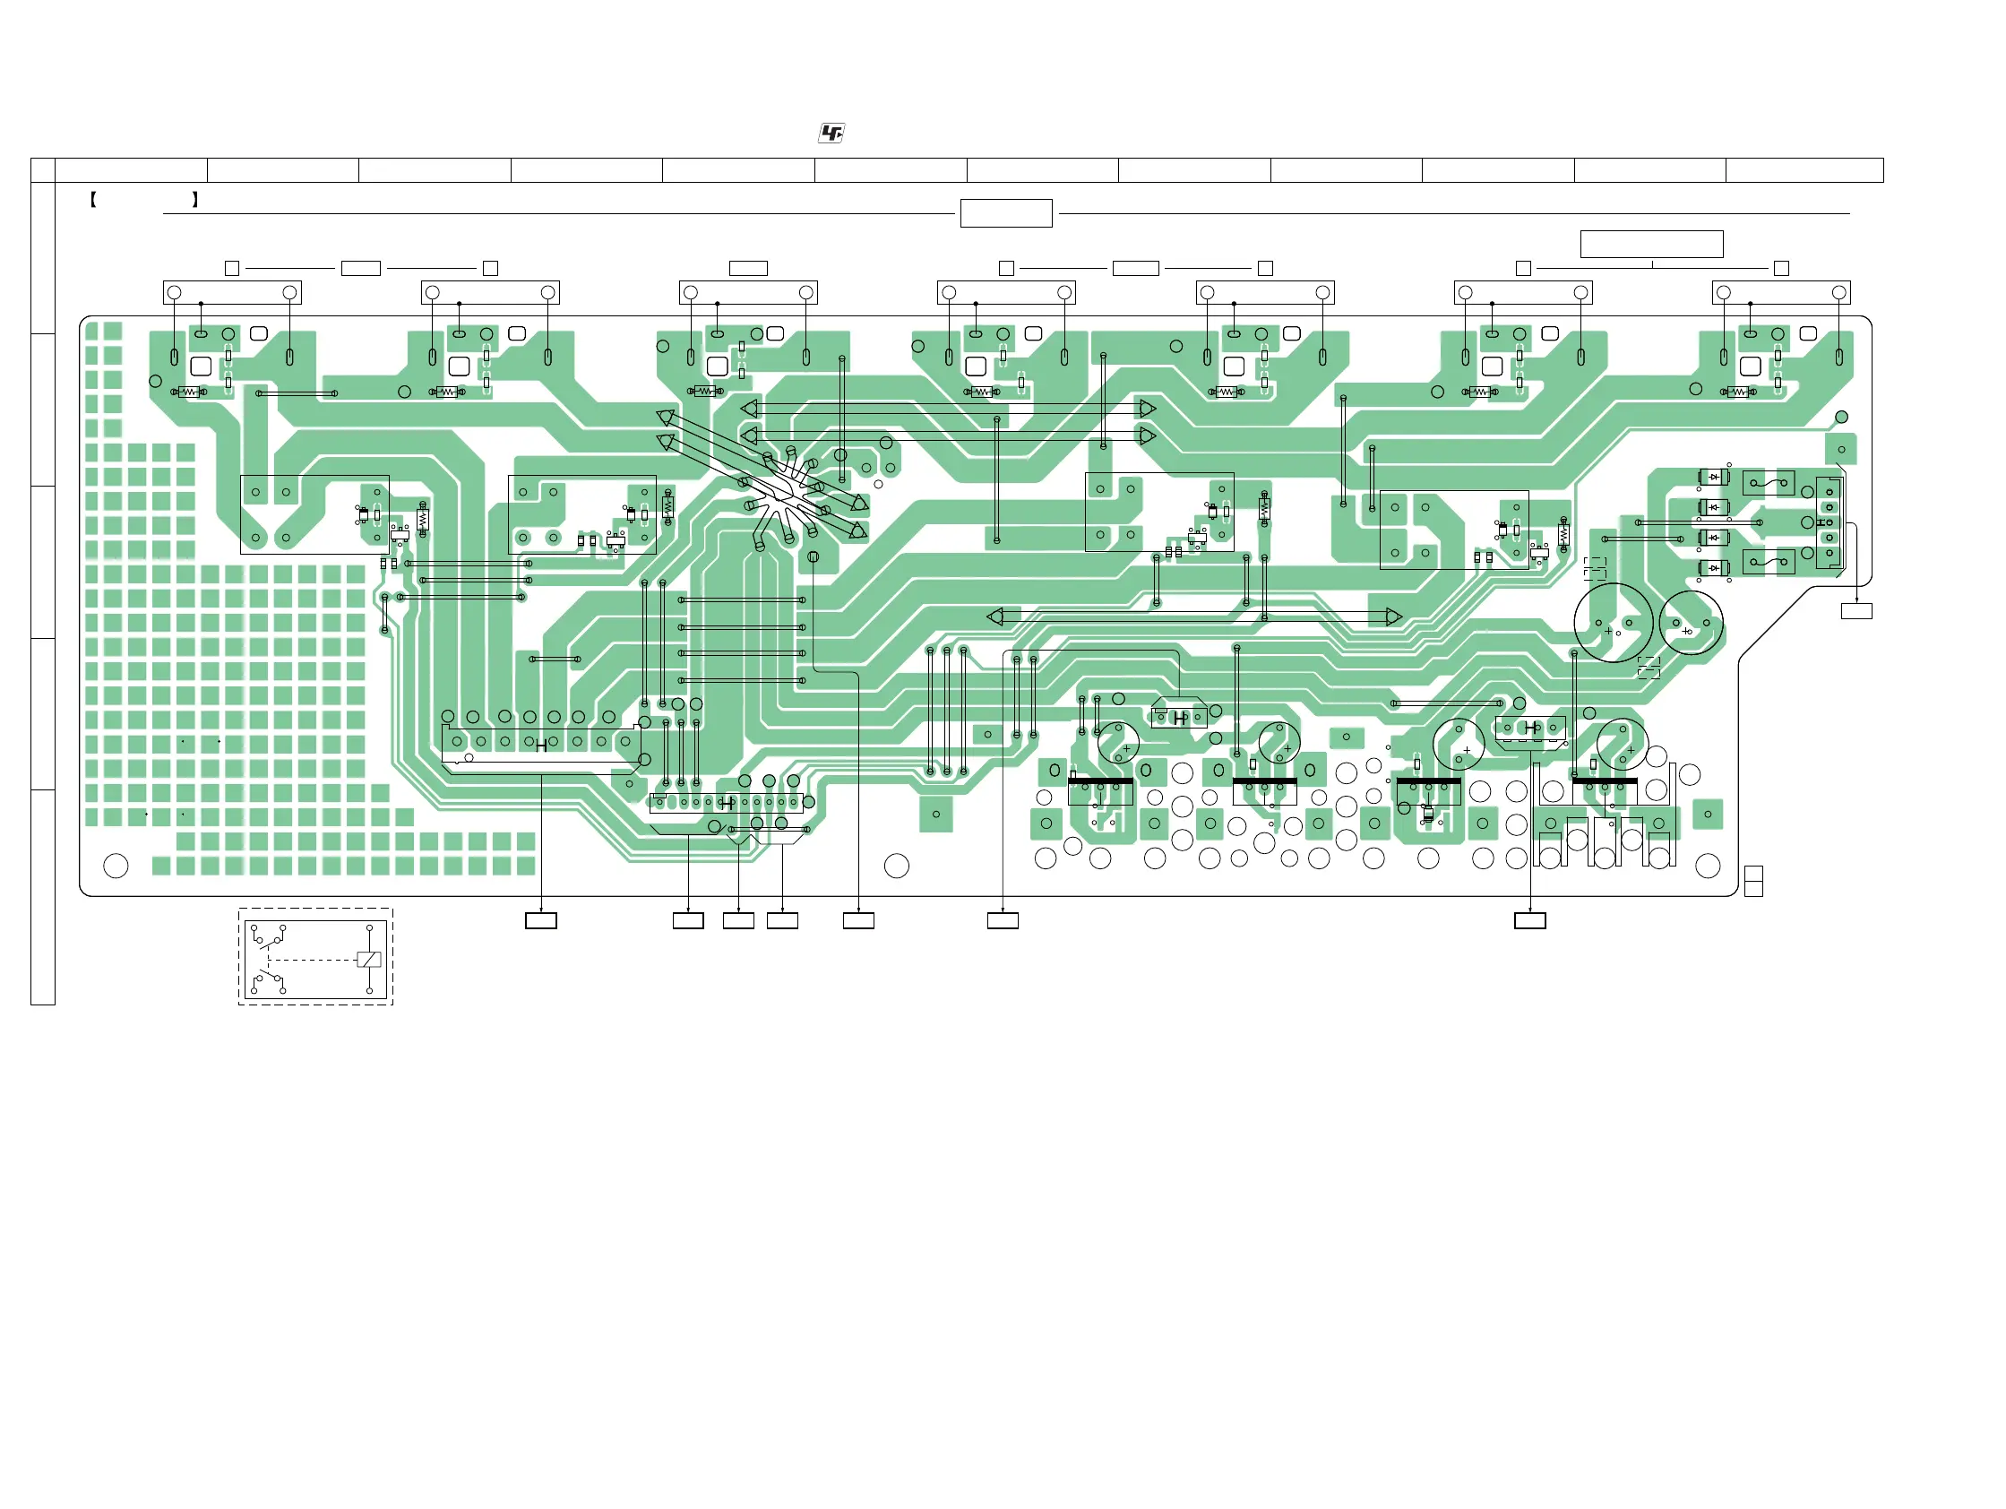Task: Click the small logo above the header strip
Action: point(831,134)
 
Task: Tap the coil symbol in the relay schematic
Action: point(369,960)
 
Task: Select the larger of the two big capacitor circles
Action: point(1614,622)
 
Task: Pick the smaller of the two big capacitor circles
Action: point(1691,623)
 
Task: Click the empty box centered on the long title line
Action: point(1006,213)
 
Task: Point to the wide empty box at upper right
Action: point(1651,244)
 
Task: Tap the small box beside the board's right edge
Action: point(1856,611)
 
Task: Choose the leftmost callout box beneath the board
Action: point(540,920)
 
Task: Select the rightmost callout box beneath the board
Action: point(1530,920)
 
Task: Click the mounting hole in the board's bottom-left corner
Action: point(116,866)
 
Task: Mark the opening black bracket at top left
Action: point(93,200)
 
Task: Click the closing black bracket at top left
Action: point(195,200)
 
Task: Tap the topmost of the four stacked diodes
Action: point(1713,477)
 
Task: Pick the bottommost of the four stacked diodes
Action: point(1713,569)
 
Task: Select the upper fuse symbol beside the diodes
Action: point(1768,482)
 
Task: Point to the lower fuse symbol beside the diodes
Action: point(1768,562)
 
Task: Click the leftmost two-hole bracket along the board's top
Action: point(232,292)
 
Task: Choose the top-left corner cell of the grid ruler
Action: point(43,169)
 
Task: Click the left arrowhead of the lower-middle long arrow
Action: point(994,617)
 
